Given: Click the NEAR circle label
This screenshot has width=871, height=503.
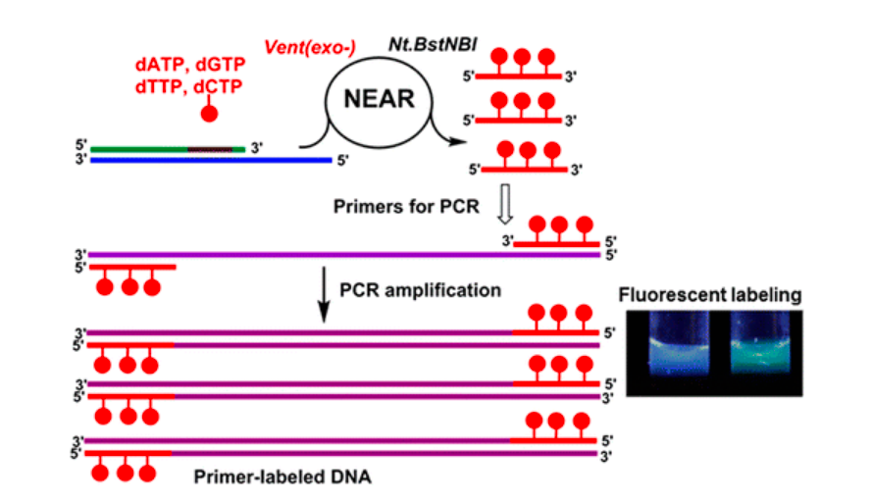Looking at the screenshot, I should point(380,98).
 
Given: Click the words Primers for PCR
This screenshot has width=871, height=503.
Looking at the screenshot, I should point(405,208).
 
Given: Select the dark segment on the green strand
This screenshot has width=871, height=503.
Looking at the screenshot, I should point(210,149).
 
